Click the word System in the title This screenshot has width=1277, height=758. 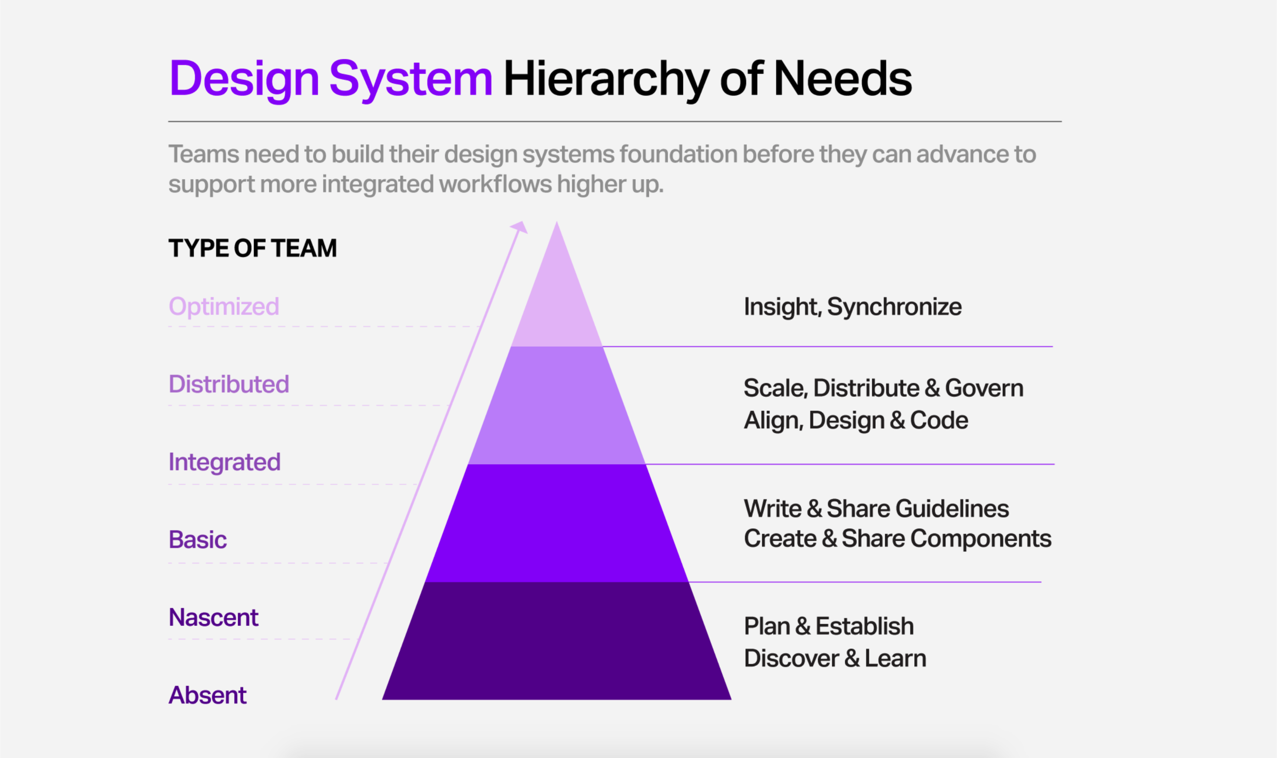[411, 80]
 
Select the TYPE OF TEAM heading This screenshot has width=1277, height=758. [253, 248]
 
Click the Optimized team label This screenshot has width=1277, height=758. [224, 306]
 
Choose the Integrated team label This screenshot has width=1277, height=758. [225, 462]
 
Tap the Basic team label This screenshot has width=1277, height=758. [198, 540]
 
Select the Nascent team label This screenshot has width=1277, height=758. [213, 618]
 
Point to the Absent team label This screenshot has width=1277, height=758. [208, 695]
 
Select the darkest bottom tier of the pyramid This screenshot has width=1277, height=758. [557, 641]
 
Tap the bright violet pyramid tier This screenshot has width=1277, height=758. [557, 523]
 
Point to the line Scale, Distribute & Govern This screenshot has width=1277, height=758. [883, 388]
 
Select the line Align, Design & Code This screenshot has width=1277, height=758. [856, 420]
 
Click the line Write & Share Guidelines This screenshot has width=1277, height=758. [877, 509]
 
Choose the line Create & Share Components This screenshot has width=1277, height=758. [898, 539]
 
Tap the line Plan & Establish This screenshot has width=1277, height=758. [829, 626]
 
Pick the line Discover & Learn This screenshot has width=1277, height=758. [835, 658]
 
